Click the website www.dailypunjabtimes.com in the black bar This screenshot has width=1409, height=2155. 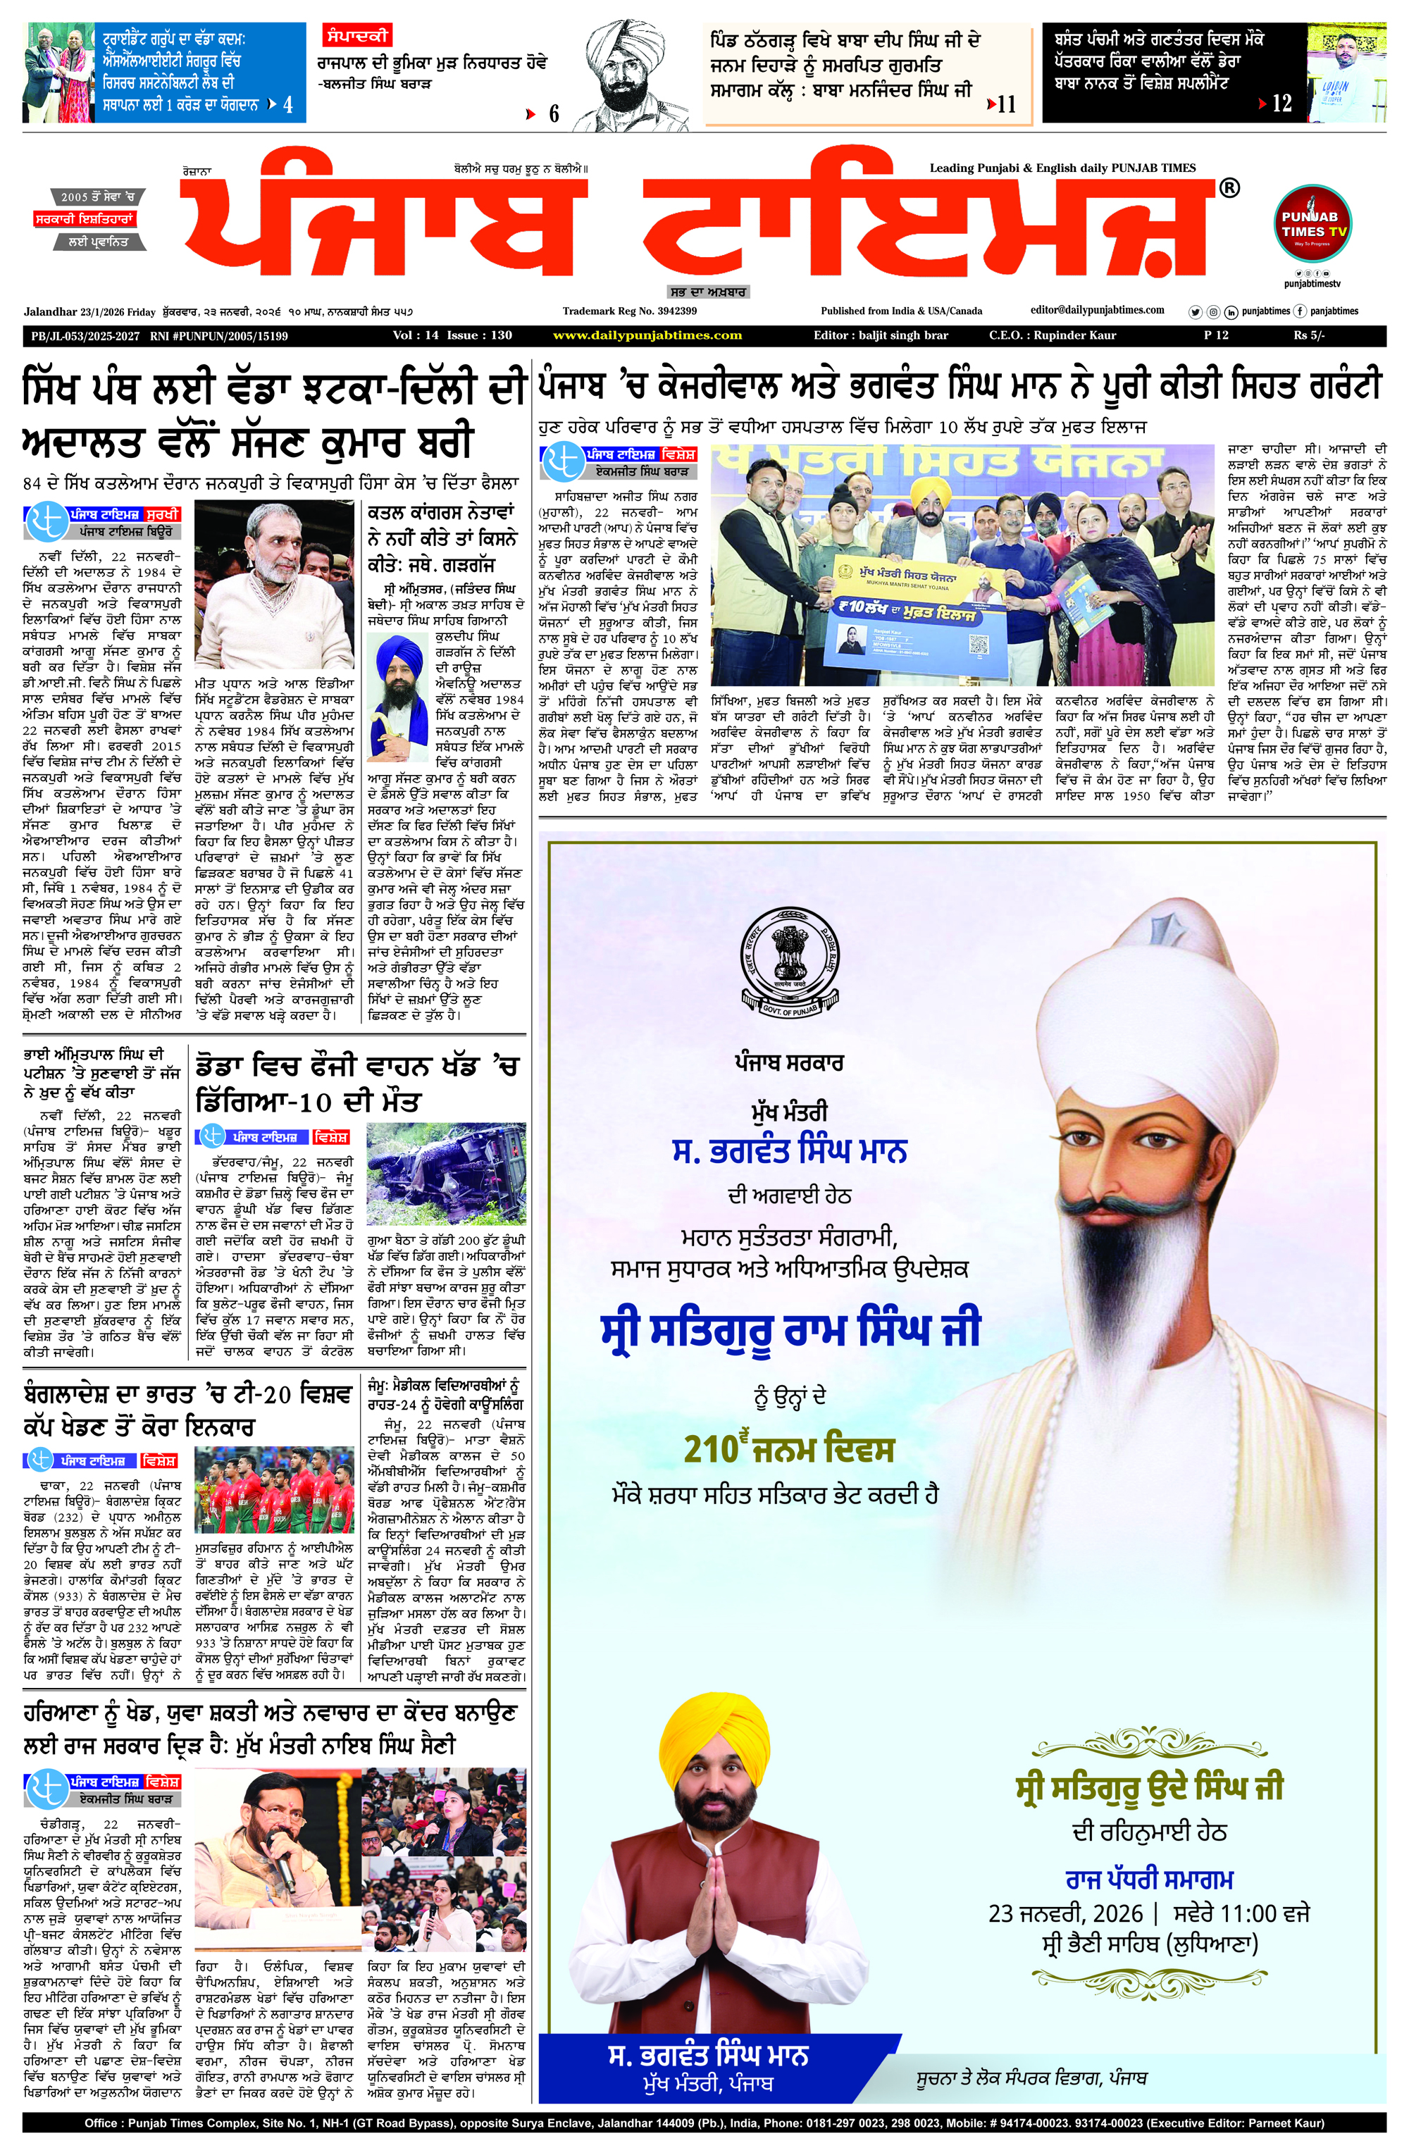click(x=647, y=336)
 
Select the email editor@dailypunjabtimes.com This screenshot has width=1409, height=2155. click(x=1097, y=311)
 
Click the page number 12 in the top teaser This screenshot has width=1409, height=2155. click(x=1281, y=104)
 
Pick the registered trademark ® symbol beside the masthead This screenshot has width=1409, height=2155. click(x=1229, y=188)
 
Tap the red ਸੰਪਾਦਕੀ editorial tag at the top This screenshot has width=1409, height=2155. click(x=356, y=36)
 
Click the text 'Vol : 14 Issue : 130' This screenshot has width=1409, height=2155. click(x=452, y=336)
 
